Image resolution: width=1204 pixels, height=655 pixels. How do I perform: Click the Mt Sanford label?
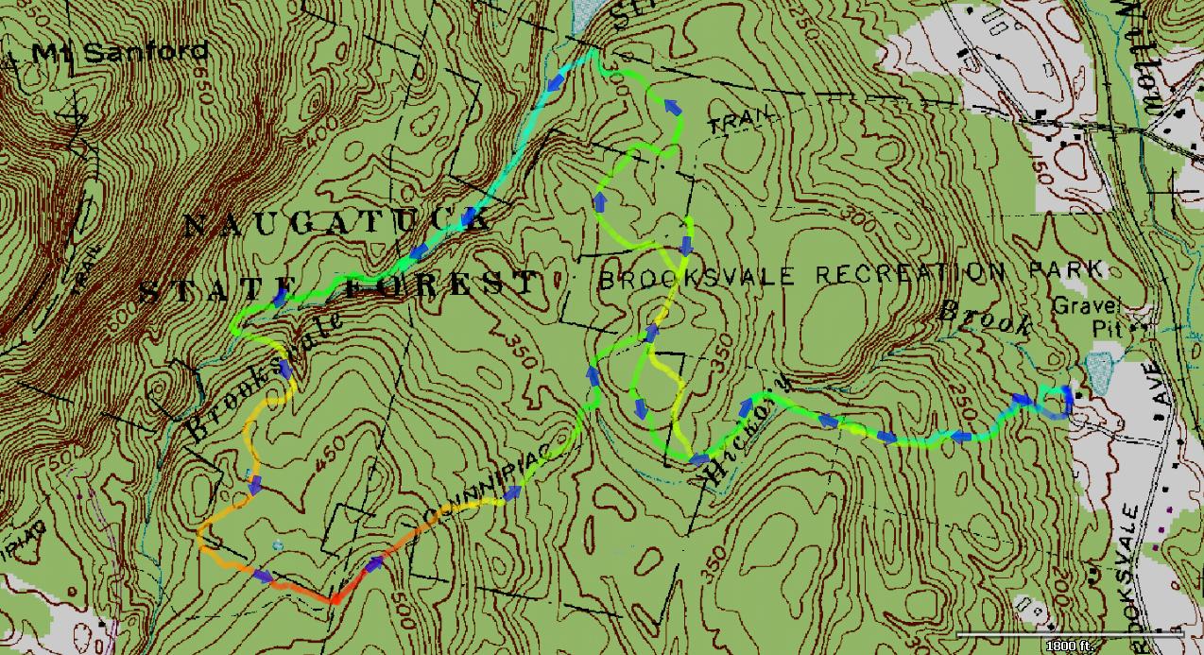pos(119,52)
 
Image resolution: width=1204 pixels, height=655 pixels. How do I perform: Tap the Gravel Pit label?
pos(1100,316)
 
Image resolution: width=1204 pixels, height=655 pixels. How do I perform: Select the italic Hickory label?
pos(743,435)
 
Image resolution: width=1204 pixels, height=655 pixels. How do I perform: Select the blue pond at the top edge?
pos(587,13)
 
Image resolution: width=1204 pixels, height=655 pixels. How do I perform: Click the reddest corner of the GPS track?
pos(334,599)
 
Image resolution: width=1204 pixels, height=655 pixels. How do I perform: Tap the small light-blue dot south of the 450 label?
pos(276,545)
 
